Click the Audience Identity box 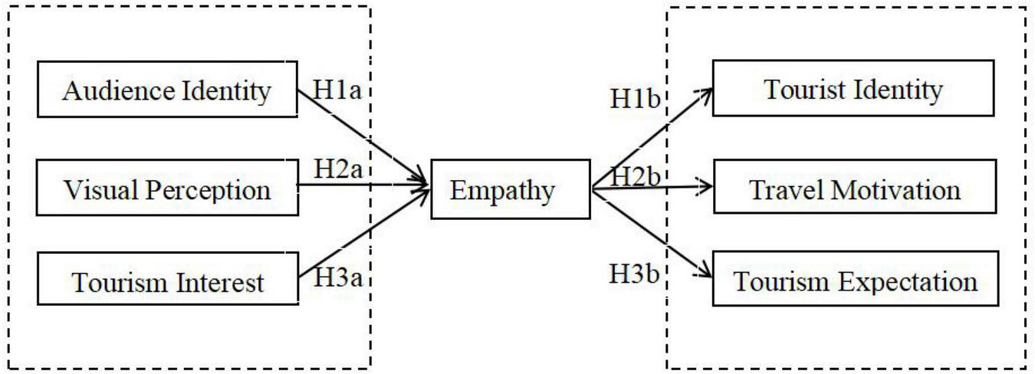coord(167,90)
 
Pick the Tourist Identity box coord(854,89)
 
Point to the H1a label coord(337,90)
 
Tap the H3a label coord(338,277)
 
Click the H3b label coord(635,273)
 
